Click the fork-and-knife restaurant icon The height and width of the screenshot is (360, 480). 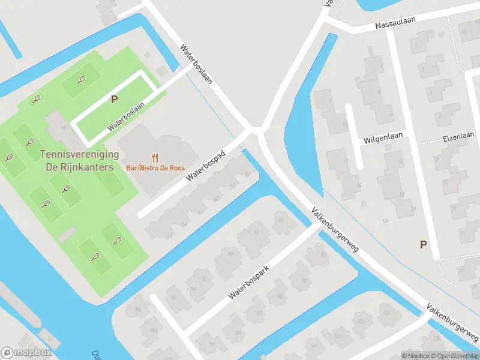155,158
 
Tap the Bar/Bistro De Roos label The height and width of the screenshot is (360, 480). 155,169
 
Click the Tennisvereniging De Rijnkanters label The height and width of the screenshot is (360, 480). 76,161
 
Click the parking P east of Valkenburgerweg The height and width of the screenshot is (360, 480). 423,244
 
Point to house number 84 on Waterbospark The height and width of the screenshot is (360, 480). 257,232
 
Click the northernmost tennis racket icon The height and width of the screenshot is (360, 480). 81,79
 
